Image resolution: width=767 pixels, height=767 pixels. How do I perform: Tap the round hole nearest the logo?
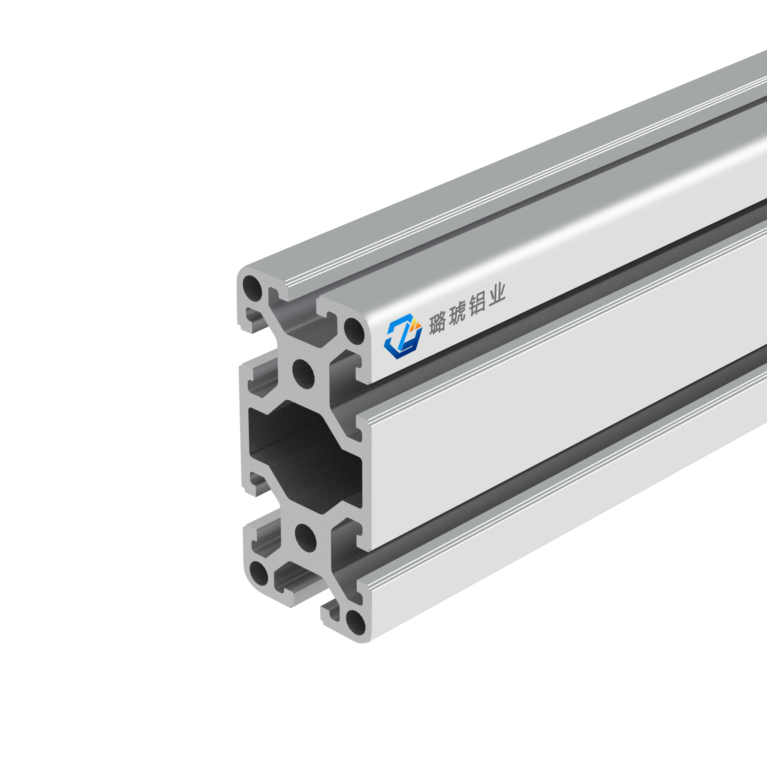(354, 331)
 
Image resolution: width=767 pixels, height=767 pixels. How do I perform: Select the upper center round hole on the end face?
(303, 373)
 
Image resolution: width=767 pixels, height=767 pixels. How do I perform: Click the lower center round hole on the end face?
(306, 538)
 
